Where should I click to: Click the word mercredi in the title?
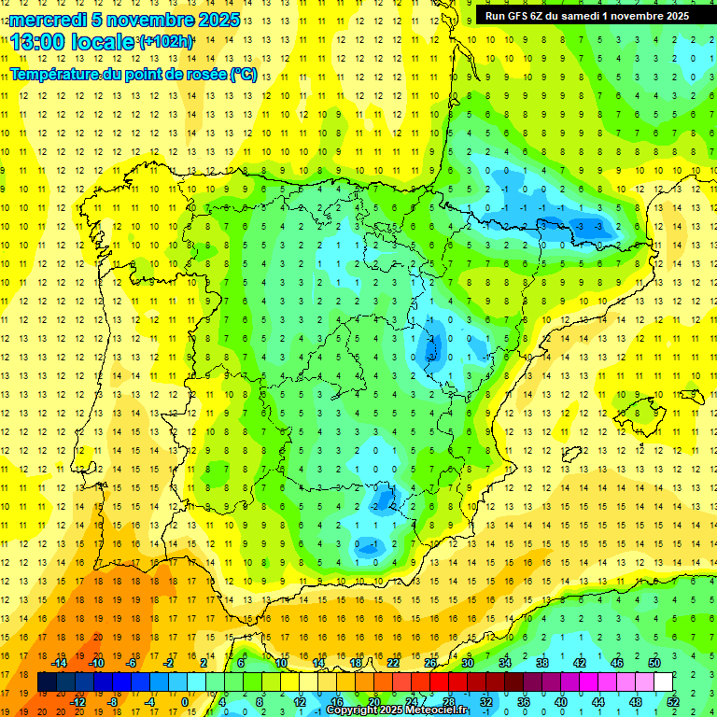(x=48, y=20)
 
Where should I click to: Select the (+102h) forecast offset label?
(x=165, y=42)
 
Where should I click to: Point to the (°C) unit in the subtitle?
(x=244, y=75)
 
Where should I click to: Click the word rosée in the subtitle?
(x=205, y=75)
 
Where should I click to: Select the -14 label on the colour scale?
(x=60, y=663)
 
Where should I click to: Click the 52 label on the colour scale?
(x=673, y=701)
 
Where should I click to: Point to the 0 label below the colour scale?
(x=185, y=701)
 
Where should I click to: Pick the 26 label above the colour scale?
(x=430, y=663)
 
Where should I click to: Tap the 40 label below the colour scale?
(x=560, y=701)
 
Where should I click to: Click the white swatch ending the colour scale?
(x=664, y=682)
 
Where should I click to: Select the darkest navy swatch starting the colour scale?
(x=48, y=682)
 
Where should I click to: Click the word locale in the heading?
(x=105, y=42)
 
